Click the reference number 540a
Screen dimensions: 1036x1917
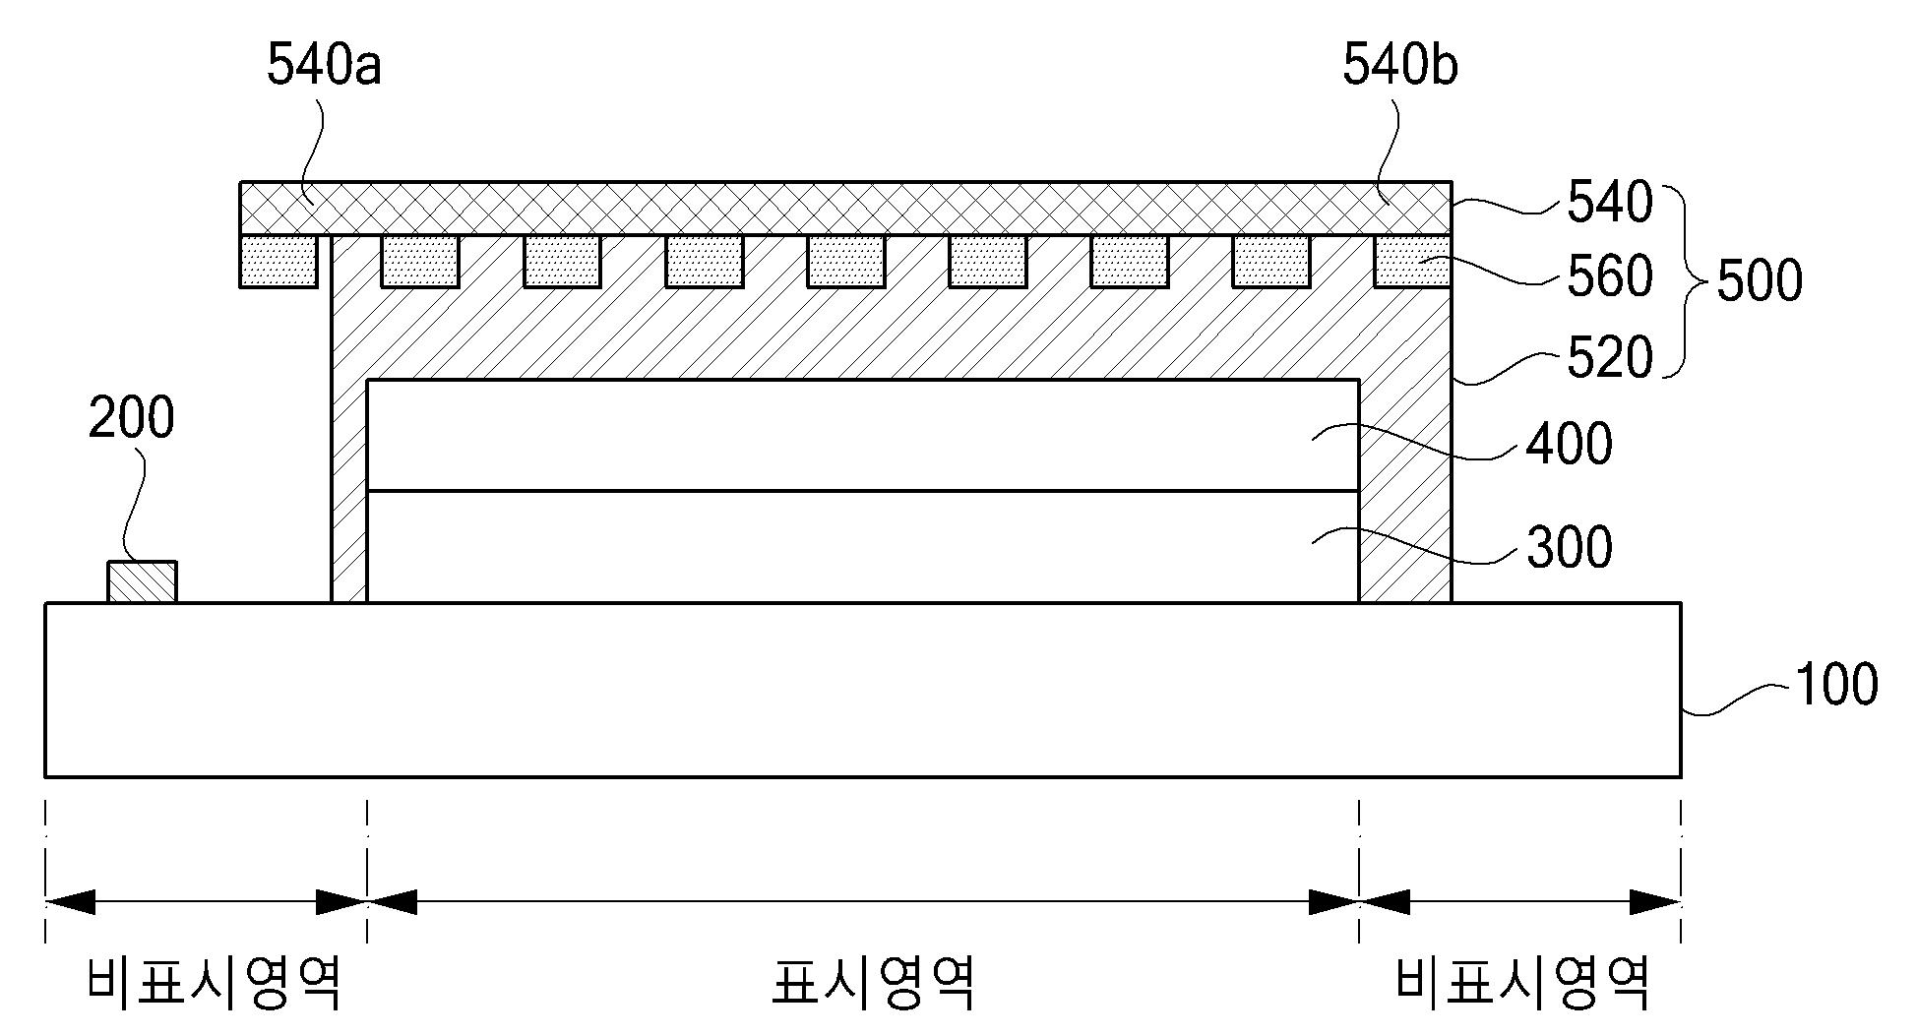(x=324, y=66)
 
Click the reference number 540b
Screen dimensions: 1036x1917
(x=1400, y=66)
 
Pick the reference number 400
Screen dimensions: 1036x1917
(x=1569, y=445)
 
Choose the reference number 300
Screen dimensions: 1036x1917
(x=1569, y=547)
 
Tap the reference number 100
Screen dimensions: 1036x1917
(x=1836, y=685)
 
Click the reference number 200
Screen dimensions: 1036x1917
(x=132, y=417)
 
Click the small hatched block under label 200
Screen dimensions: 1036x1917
(x=142, y=581)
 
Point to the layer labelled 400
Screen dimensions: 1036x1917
(x=862, y=435)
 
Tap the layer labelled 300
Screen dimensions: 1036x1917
(x=862, y=546)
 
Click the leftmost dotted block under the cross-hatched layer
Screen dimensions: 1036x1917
(x=278, y=261)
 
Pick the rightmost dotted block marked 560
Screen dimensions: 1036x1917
(x=1412, y=261)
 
